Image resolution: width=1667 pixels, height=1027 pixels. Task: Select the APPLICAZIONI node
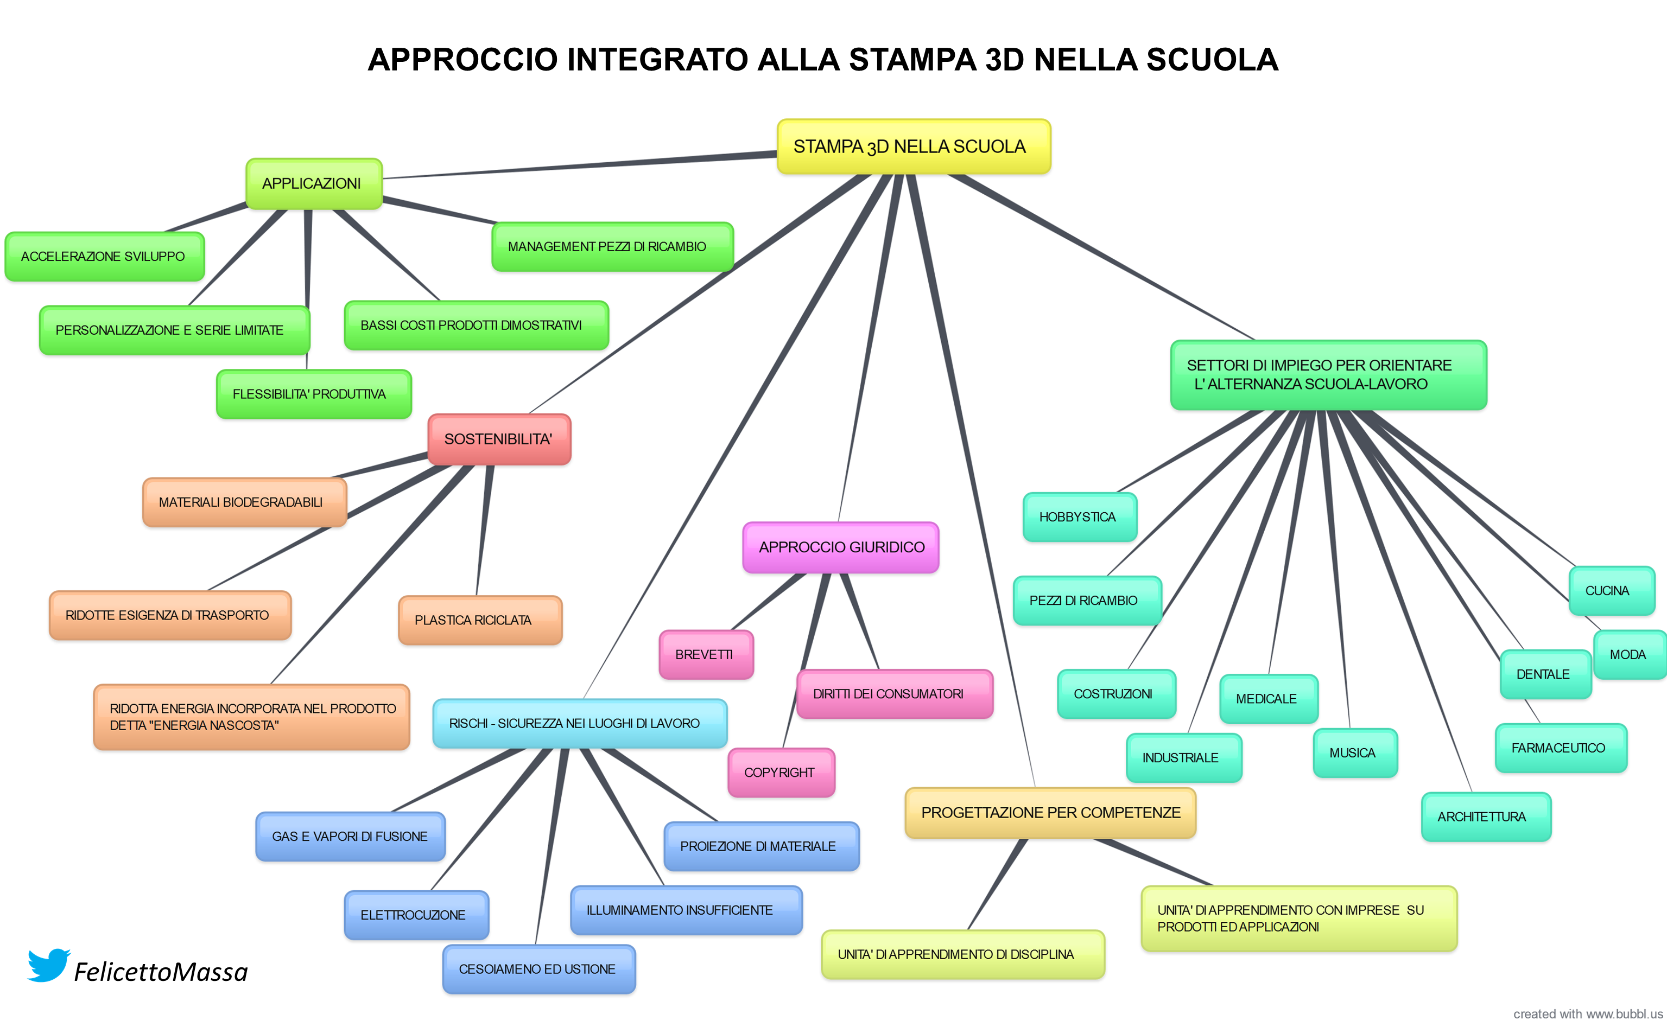(313, 183)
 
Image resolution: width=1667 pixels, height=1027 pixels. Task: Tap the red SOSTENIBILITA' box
(499, 439)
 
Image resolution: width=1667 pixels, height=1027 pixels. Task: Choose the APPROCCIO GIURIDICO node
(841, 547)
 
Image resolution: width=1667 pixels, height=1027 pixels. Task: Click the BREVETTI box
(706, 655)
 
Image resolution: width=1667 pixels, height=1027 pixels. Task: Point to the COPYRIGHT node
(780, 773)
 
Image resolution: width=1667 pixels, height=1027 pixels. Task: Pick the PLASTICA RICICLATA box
(479, 620)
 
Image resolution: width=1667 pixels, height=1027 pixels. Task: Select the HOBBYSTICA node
(1079, 517)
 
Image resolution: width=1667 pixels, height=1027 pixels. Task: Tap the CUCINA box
(1610, 591)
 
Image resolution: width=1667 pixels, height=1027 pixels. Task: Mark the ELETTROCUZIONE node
(415, 915)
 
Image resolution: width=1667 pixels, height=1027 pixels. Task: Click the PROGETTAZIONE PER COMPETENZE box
(1050, 813)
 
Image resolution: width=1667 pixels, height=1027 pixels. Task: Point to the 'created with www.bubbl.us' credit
(1587, 1014)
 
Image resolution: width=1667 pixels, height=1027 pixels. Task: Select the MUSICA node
(1354, 753)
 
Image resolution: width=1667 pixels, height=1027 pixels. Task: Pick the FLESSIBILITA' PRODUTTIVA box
(313, 394)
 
